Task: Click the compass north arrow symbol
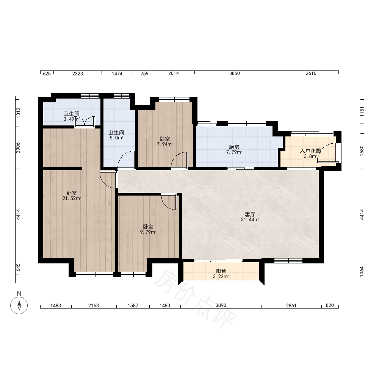coord(19,305)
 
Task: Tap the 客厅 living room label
coord(250,215)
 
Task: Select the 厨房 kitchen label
coord(234,147)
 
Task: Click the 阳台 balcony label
coord(221,271)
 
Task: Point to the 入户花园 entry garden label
coord(310,151)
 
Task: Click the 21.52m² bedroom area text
coord(72,199)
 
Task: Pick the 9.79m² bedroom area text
coord(148,232)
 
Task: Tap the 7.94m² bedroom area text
coord(164,144)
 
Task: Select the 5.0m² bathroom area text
coord(116,138)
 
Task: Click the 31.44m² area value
coord(250,220)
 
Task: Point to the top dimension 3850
coord(235,74)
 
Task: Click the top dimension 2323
coord(78,74)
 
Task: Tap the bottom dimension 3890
coord(221,305)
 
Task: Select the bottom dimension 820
coord(330,305)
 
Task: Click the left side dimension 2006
coord(18,147)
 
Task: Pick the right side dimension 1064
coord(362,271)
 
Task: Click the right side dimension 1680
coord(362,150)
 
